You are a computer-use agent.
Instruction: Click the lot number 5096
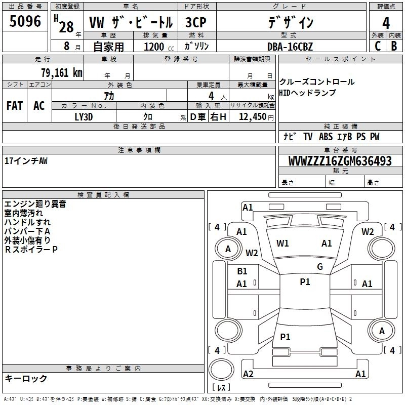pos(25,22)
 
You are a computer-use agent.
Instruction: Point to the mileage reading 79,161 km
pos(61,72)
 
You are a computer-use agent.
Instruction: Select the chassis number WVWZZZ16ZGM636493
pos(340,161)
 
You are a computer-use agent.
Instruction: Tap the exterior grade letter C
pos(377,46)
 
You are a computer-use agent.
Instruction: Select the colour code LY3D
pos(84,116)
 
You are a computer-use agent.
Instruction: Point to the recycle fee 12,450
pos(253,117)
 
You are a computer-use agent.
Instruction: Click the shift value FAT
pos(14,105)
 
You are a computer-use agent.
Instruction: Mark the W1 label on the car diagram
pos(282,244)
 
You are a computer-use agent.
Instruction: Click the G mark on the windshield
pos(319,267)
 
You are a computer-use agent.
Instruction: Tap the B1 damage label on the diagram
pos(242,271)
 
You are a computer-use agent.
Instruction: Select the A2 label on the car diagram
pos(248,374)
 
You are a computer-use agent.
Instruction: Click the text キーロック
pos(26,378)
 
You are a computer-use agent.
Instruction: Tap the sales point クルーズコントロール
pos(317,82)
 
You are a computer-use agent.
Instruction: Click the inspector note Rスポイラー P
pos(31,249)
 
